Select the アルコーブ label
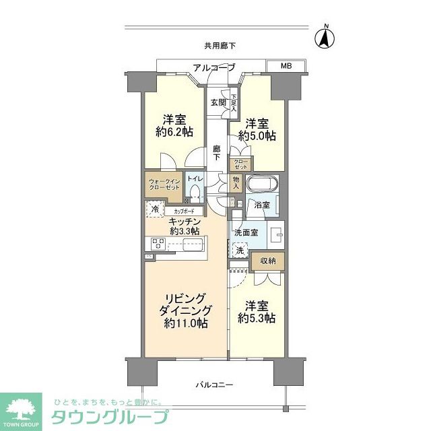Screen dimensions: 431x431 [213, 67]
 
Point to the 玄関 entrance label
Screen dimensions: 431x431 [218, 102]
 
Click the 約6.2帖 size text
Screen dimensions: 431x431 [173, 133]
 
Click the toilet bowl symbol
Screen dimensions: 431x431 [195, 194]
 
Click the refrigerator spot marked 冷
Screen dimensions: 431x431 [154, 210]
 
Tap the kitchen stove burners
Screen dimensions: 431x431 [158, 244]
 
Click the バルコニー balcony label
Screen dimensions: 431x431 [215, 385]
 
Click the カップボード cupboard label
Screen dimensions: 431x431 [180, 211]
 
